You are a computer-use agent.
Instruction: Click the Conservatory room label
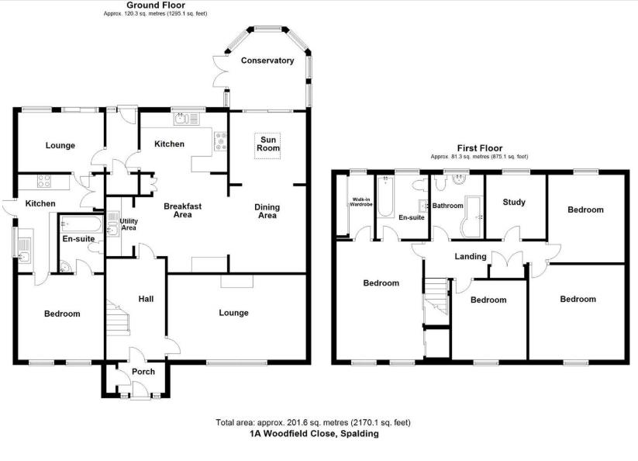[x=267, y=61]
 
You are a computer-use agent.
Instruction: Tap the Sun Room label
[x=268, y=144]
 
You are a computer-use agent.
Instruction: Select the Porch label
[x=143, y=372]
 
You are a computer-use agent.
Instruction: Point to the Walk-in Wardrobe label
[x=361, y=202]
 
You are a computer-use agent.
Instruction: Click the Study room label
[x=514, y=202]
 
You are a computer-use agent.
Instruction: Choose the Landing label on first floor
[x=471, y=257]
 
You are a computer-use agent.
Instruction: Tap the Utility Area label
[x=129, y=224]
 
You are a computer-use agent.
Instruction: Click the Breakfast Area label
[x=183, y=210]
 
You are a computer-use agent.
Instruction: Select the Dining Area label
[x=267, y=211]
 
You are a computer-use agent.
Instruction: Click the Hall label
[x=146, y=299]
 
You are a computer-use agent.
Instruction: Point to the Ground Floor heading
[x=156, y=5]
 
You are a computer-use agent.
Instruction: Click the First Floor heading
[x=480, y=148]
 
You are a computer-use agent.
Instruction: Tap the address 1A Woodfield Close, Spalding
[x=314, y=433]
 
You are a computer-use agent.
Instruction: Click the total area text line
[x=313, y=422]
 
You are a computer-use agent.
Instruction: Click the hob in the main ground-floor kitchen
[x=220, y=141]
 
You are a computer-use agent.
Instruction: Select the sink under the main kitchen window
[x=187, y=119]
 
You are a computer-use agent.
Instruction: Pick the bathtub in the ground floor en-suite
[x=81, y=224]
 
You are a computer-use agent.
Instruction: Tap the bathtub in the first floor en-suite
[x=385, y=196]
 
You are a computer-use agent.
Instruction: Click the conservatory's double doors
[x=220, y=71]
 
